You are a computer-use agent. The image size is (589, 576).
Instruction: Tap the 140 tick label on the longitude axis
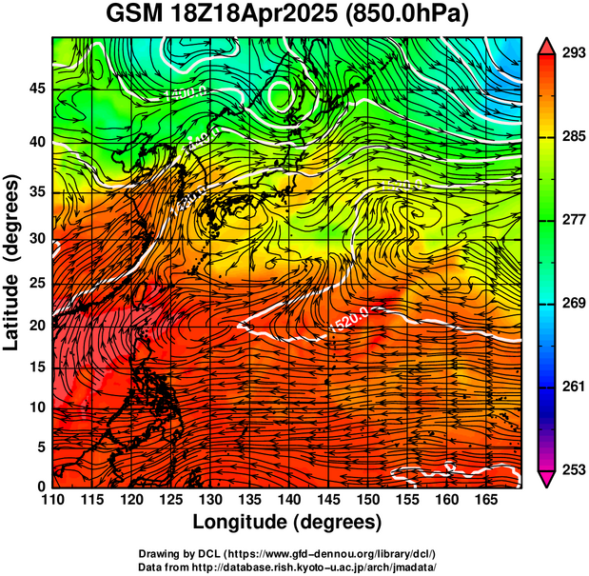[x=285, y=499]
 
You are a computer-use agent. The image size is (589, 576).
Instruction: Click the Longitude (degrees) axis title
[x=287, y=522]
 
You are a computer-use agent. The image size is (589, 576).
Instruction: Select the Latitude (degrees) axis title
[x=13, y=262]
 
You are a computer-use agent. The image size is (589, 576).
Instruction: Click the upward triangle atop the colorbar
[x=547, y=45]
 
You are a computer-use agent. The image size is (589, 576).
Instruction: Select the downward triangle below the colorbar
[x=547, y=479]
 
